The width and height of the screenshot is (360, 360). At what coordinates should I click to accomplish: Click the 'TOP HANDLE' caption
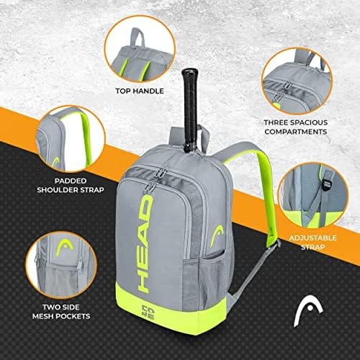140,91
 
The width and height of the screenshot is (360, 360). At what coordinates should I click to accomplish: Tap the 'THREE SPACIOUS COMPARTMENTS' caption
296,127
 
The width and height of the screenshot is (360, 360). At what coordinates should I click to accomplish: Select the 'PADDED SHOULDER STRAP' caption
71,185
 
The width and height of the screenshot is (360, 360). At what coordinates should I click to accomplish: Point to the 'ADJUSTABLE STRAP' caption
312,243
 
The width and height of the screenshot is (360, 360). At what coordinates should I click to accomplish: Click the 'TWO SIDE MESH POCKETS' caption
61,312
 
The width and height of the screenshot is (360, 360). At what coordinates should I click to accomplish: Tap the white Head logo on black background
308,312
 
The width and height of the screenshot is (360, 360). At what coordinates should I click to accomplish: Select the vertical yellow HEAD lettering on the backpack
145,243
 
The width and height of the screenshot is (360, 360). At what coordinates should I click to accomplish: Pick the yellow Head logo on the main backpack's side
217,236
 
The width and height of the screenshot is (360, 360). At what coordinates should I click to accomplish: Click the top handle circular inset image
140,49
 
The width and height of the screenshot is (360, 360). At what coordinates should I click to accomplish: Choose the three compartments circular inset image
297,81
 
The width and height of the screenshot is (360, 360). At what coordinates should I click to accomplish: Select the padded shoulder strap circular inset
71,139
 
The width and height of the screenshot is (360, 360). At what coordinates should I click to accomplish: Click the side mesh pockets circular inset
61,266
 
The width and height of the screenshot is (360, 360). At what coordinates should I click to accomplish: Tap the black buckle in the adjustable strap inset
326,184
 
